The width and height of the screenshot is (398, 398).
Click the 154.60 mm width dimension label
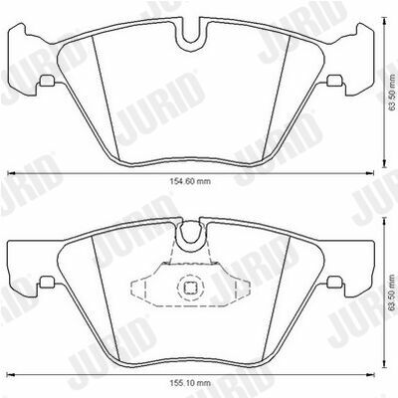(x=190, y=181)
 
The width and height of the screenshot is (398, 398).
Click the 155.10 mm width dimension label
(x=190, y=383)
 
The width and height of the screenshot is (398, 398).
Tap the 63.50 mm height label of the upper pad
(x=392, y=94)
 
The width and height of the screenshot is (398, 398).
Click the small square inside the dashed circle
(x=190, y=288)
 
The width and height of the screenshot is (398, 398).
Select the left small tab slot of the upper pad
(x=47, y=80)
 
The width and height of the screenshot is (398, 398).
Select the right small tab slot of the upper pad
(x=334, y=81)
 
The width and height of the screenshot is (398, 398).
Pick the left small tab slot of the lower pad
(x=47, y=282)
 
